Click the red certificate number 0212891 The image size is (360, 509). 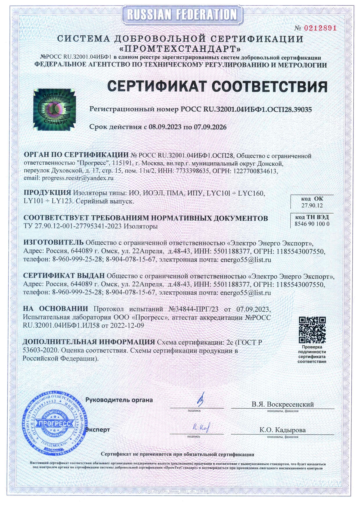pos(320,28)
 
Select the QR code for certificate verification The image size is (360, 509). pos(312,330)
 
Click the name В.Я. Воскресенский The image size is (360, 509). pos(282,404)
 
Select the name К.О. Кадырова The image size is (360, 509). pos(282,430)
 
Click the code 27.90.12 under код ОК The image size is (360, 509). pos(312,205)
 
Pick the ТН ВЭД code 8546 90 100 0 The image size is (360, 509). pos(312,224)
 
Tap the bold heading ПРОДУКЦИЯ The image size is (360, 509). pos(47,193)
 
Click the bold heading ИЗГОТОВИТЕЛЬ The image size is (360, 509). pos(53,242)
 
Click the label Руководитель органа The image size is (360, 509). pos(119,400)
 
